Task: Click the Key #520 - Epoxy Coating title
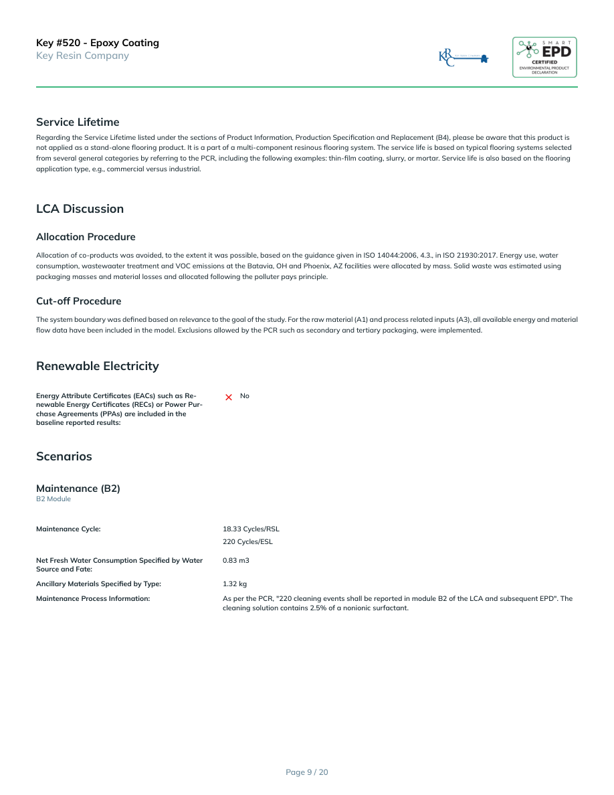coord(98,43)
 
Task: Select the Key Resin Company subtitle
coord(82,56)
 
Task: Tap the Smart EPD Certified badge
coord(544,58)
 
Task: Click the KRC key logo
coord(464,58)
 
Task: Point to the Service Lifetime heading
coord(78,122)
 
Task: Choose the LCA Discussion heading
coord(80,209)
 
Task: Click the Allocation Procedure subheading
coord(86,237)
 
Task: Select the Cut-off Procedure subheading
coord(79,301)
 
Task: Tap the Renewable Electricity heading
coord(98,366)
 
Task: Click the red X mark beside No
coord(229,397)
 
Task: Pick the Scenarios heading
coord(64,456)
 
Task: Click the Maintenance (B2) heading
coord(78,489)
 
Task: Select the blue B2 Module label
coord(54,499)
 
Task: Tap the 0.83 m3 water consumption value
coord(235,560)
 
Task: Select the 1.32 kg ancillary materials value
coord(235,584)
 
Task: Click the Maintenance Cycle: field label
coord(68,529)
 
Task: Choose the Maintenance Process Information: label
coord(93,598)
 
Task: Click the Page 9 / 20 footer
coord(307,772)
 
